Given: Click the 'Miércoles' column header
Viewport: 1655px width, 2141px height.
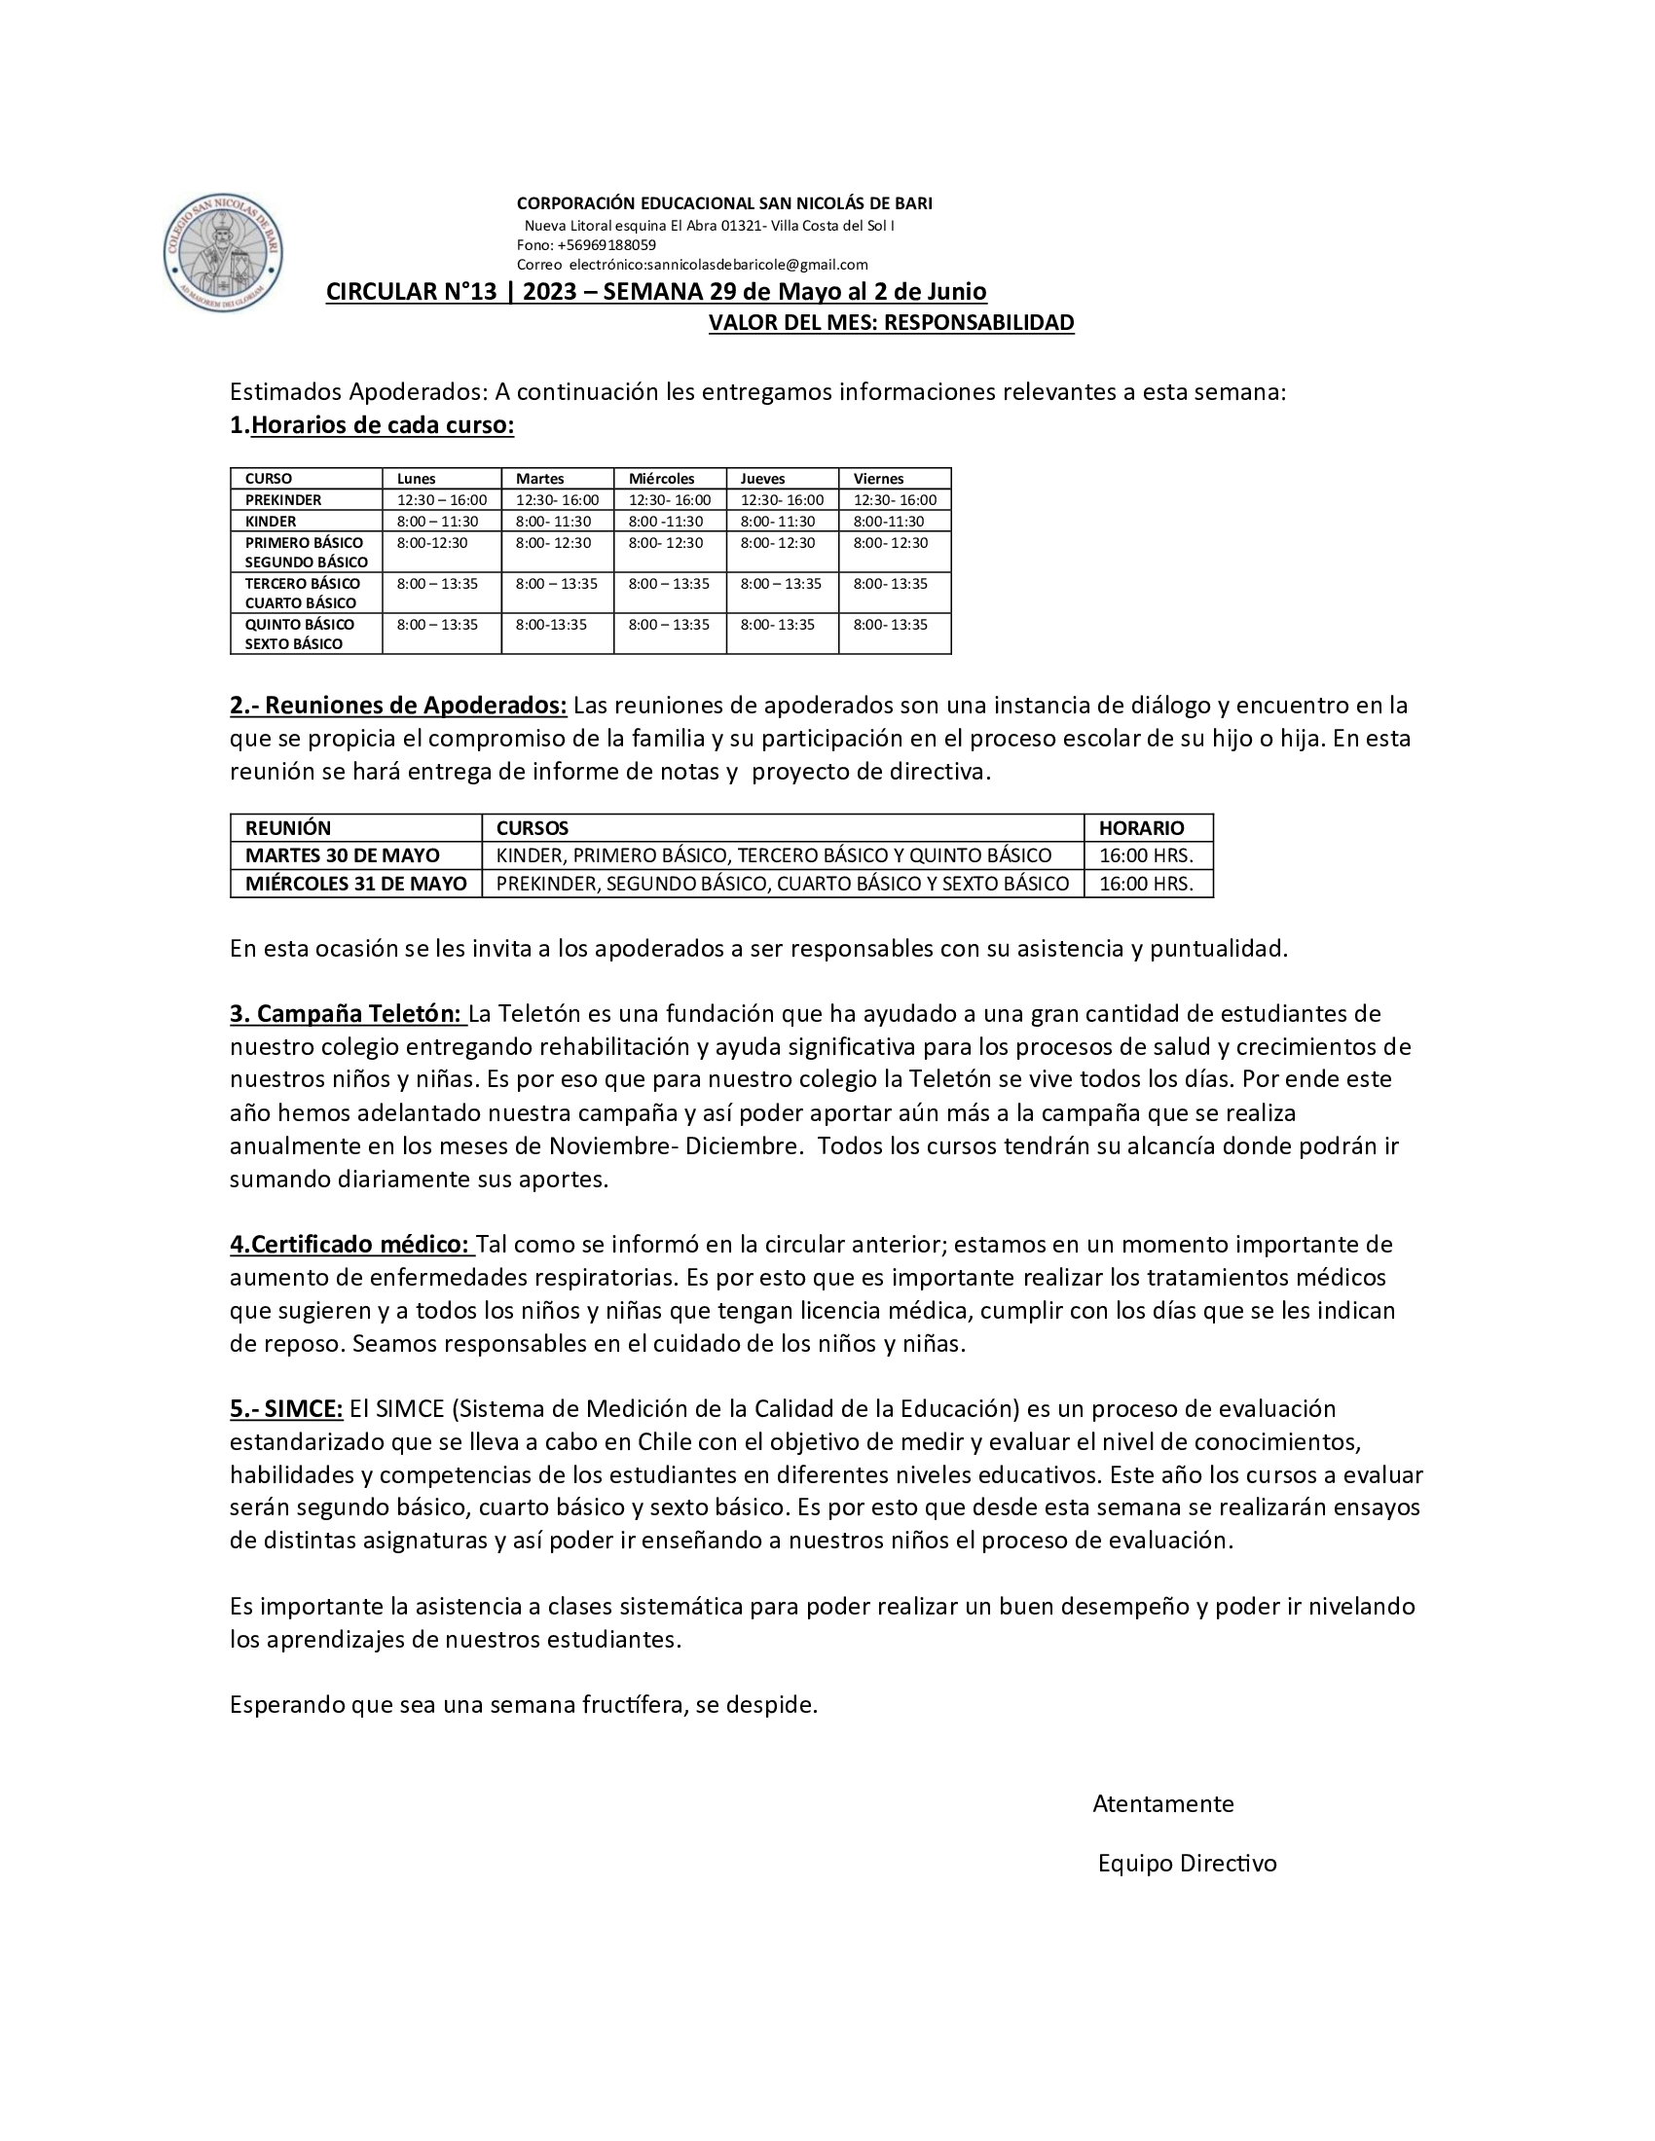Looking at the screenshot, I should coord(662,479).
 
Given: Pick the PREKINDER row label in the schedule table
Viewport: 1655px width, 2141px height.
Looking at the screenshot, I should coord(283,500).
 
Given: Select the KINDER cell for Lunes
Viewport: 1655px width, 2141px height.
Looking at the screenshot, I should coord(437,522).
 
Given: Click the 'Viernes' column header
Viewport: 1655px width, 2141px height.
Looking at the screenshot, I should coord(878,479).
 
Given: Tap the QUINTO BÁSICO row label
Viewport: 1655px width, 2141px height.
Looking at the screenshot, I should coord(299,625).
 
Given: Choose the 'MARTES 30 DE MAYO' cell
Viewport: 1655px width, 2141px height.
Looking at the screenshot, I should coord(342,854).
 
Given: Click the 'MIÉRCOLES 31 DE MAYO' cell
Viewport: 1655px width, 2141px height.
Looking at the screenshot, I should coord(356,884).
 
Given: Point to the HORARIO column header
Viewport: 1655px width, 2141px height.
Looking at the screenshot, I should coord(1141,827).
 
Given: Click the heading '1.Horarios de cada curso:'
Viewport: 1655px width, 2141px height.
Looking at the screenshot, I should coord(372,425).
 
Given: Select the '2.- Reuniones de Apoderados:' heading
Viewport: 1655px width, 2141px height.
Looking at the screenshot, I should coord(398,705).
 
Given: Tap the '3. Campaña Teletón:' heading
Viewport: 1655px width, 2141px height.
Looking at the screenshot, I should coord(346,1013).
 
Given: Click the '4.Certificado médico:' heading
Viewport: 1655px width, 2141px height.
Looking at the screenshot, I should coord(350,1244).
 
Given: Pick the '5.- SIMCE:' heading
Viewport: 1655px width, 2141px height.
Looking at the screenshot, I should coord(286,1409).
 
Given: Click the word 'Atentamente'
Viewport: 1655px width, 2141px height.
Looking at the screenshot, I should coord(1162,1803).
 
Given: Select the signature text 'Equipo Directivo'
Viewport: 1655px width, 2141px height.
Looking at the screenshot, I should coord(1188,1863).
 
